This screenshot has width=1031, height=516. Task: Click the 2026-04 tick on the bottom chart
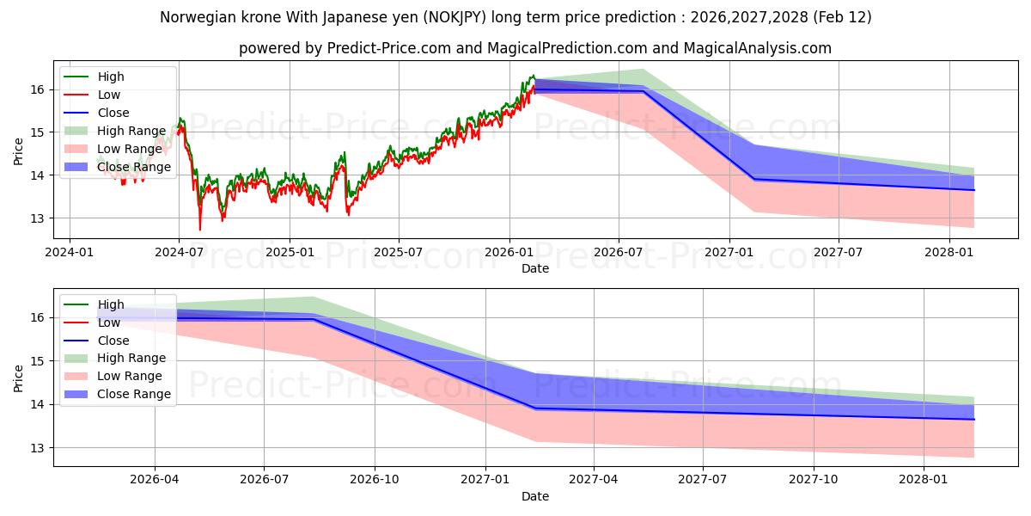point(155,479)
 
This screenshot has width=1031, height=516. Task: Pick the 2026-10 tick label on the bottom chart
point(375,479)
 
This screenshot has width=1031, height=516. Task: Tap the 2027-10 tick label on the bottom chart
point(814,479)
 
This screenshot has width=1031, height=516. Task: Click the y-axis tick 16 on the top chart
point(38,89)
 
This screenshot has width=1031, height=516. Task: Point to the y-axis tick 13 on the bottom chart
point(38,448)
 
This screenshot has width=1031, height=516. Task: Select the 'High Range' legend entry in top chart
point(131,131)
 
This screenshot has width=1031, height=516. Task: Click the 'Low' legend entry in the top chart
point(109,95)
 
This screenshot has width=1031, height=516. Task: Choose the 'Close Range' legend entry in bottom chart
point(134,394)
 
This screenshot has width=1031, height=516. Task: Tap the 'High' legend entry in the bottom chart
point(111,304)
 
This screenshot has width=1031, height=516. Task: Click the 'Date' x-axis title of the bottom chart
point(534,496)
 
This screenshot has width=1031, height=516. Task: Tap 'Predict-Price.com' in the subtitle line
point(388,48)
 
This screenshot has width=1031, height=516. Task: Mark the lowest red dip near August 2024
point(200,230)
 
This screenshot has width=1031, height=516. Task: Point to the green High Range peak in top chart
point(642,69)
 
